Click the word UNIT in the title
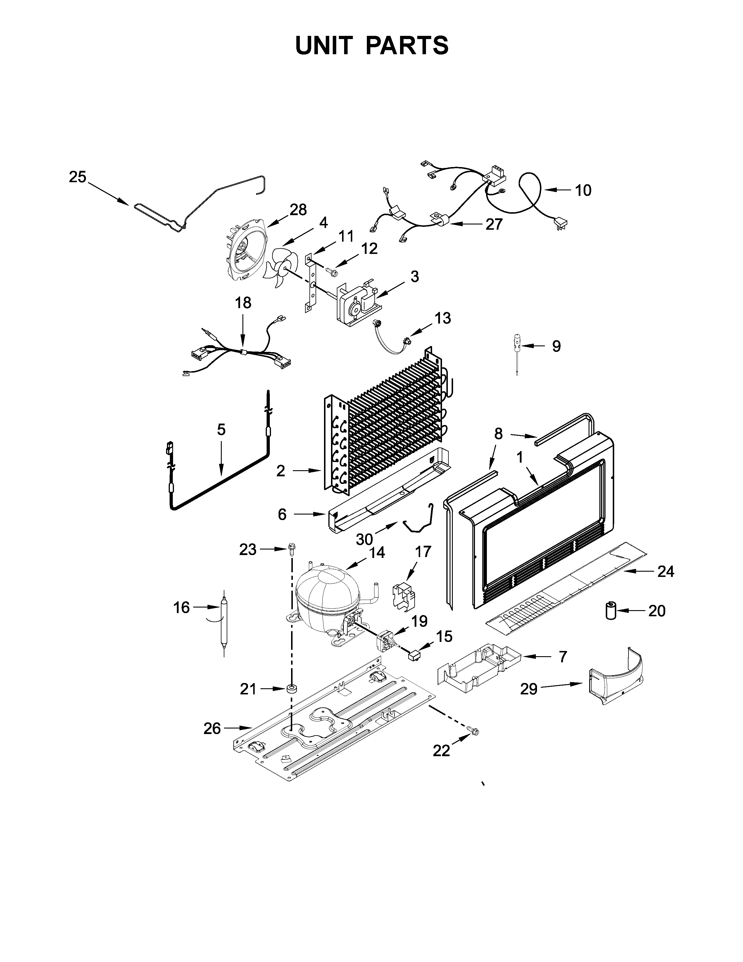pyautogui.click(x=324, y=45)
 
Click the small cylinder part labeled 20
pyautogui.click(x=610, y=610)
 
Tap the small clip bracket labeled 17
pyautogui.click(x=403, y=596)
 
